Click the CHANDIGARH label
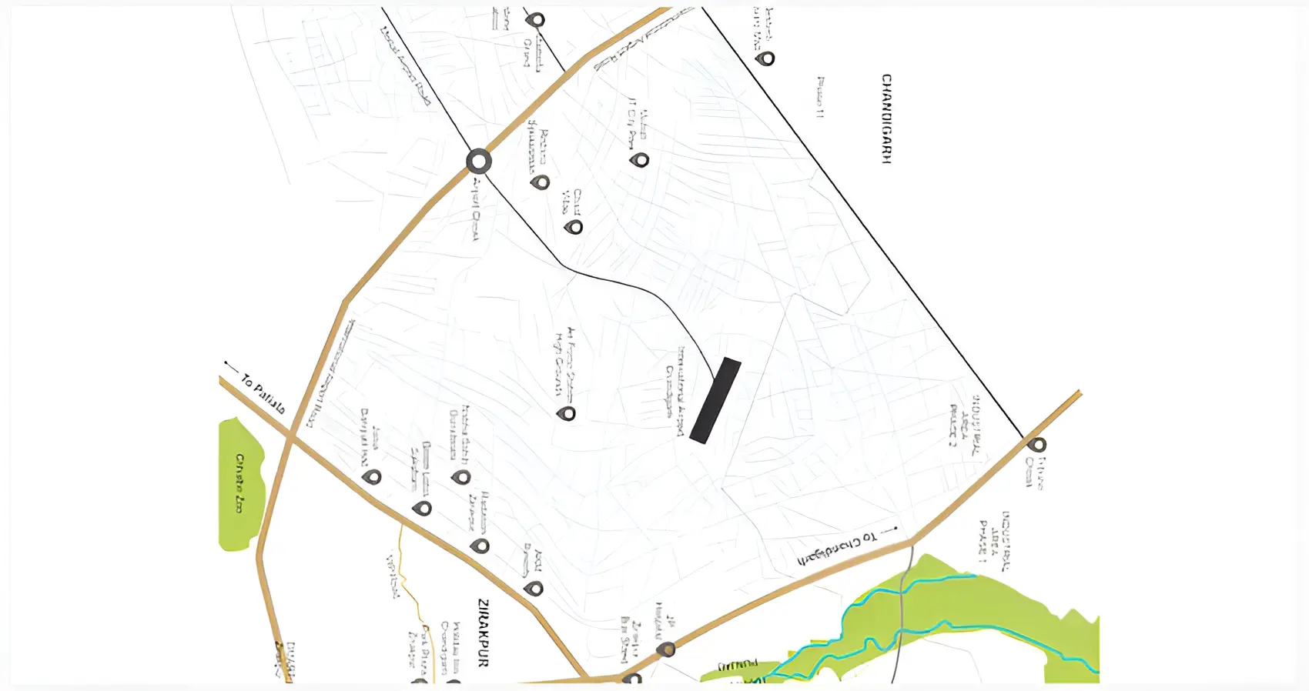point(886,119)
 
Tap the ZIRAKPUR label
point(484,632)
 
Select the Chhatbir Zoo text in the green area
point(240,483)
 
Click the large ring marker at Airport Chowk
point(479,162)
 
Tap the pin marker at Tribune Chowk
point(1038,444)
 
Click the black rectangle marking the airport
point(715,400)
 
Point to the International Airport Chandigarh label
point(675,391)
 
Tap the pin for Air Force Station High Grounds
point(567,413)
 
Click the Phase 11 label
point(821,97)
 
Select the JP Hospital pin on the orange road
point(667,649)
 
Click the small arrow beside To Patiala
point(230,365)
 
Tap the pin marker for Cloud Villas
point(574,226)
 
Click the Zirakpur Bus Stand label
point(626,638)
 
